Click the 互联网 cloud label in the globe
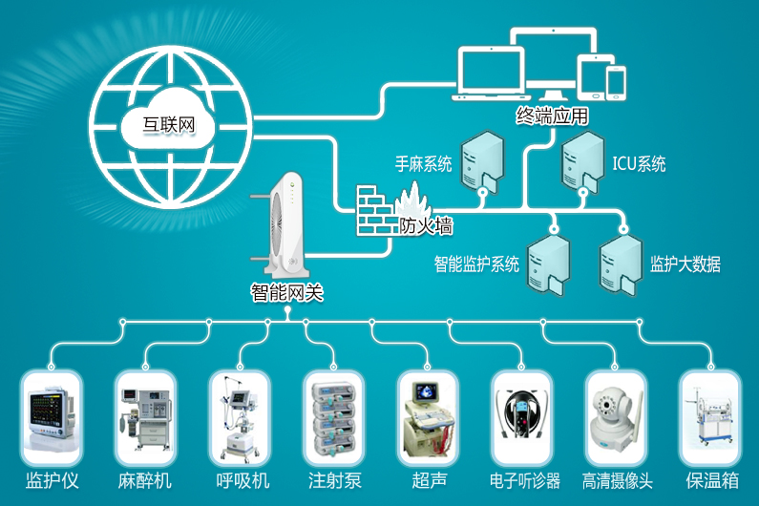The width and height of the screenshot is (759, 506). (168, 124)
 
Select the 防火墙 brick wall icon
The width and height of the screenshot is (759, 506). (376, 210)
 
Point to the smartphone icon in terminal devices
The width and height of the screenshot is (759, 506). (616, 83)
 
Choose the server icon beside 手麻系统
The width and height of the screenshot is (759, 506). (482, 162)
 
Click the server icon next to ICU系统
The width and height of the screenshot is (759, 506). (582, 162)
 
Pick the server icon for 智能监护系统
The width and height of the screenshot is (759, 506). (548, 264)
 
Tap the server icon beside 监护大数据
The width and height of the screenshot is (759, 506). (621, 264)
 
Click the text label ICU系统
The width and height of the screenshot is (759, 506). (639, 164)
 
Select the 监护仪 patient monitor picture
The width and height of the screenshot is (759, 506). (52, 415)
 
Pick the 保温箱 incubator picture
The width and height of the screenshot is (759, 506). (710, 417)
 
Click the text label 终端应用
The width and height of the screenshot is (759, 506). (553, 116)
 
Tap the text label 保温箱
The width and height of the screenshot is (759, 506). (712, 480)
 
